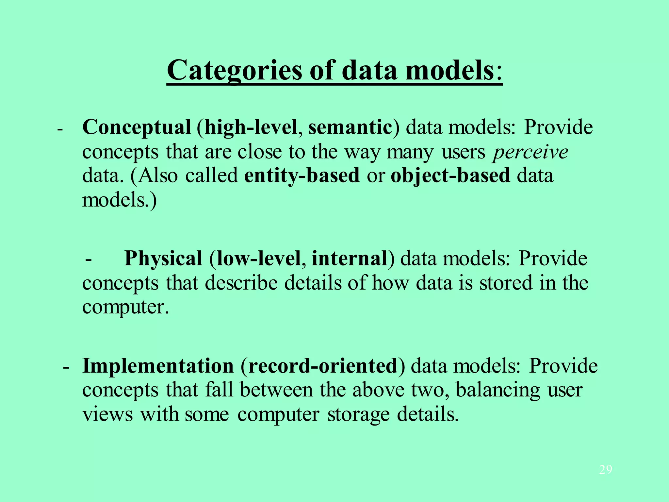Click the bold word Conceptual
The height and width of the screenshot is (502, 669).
click(137, 127)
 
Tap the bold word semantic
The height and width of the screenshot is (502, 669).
click(350, 127)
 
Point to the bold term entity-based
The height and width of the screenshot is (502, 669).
click(302, 176)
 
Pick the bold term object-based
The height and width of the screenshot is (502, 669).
click(450, 176)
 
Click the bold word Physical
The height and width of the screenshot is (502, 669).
click(163, 259)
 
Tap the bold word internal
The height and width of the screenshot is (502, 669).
click(350, 259)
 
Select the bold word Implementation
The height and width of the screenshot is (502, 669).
click(158, 366)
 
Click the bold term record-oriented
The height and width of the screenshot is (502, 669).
click(323, 366)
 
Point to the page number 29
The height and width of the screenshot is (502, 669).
click(606, 470)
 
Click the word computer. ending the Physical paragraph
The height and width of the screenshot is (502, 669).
click(125, 308)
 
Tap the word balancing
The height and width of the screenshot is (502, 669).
click(498, 390)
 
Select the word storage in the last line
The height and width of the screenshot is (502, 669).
click(358, 415)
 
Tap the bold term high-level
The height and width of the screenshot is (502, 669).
click(251, 127)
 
